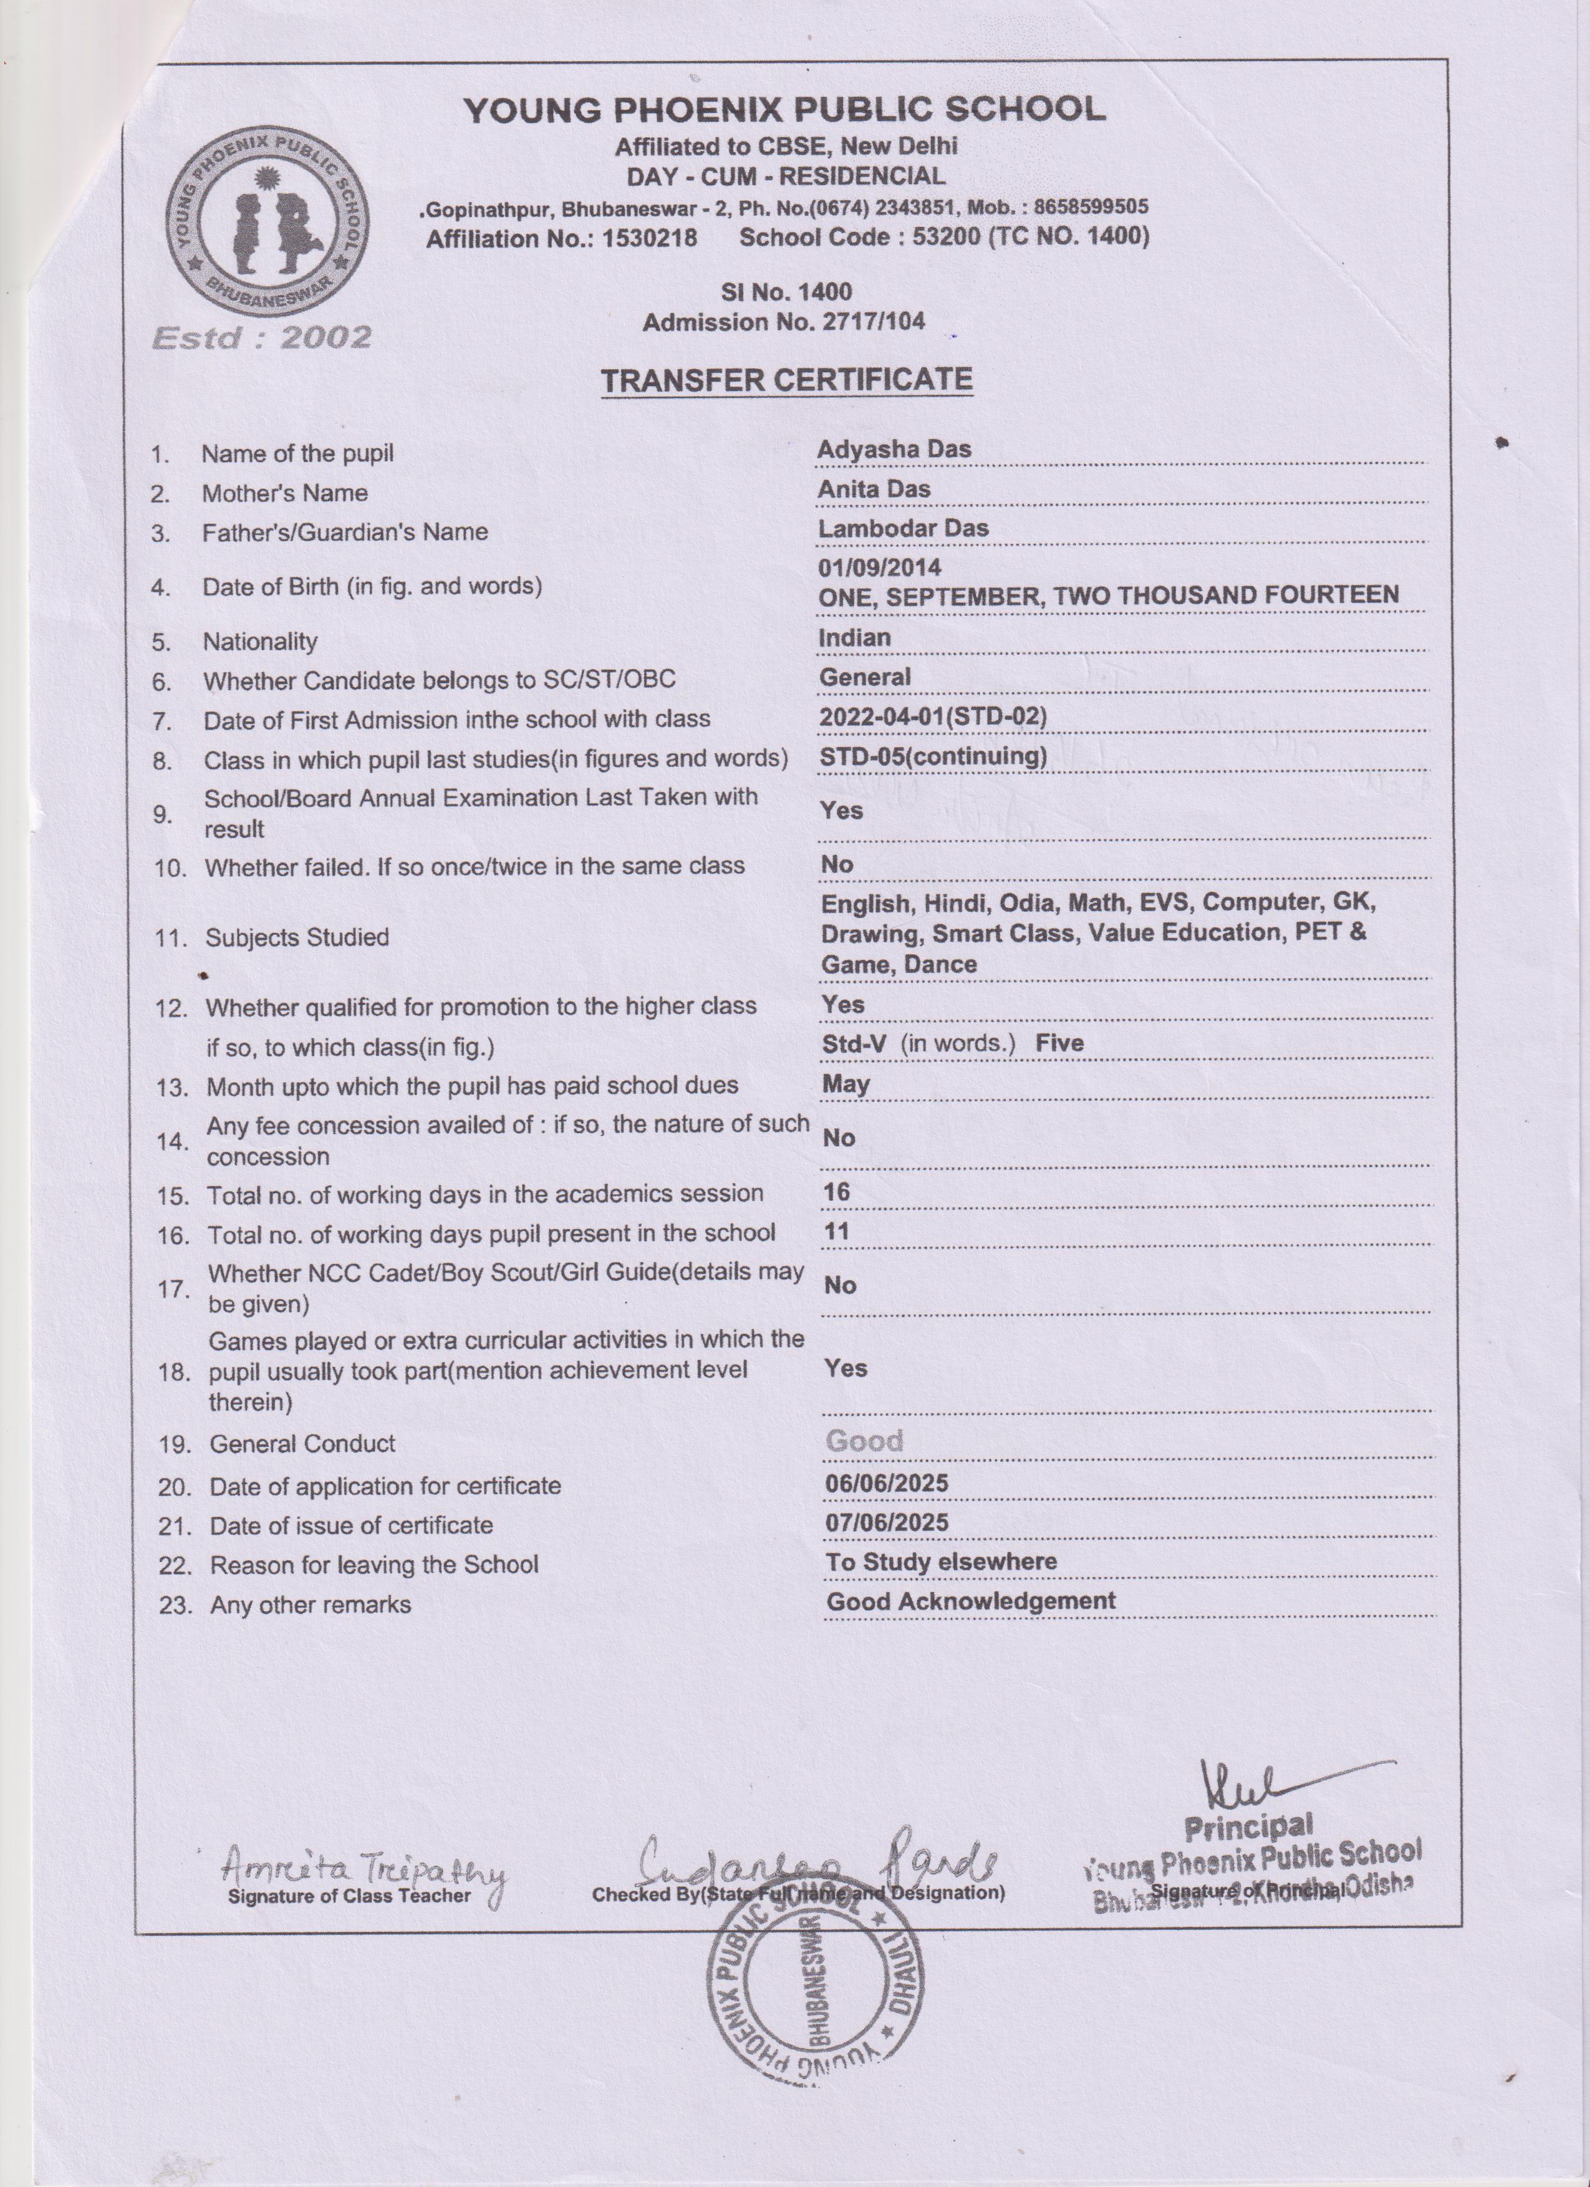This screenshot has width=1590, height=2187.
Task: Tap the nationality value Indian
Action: tap(854, 637)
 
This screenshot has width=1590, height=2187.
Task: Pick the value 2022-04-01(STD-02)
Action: tap(932, 717)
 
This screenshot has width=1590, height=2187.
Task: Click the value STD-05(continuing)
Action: tap(932, 756)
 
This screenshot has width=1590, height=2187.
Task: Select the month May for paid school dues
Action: tap(846, 1084)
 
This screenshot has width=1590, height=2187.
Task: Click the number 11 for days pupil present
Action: tap(836, 1232)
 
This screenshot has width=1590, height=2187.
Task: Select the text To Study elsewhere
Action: tap(940, 1562)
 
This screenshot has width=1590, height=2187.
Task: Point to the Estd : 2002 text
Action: tap(261, 337)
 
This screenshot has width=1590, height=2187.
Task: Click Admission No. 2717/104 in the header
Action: tap(783, 322)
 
